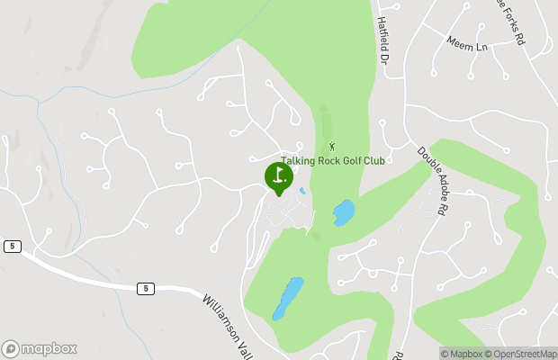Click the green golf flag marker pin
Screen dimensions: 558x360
click(278, 176)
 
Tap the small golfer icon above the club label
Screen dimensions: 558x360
click(332, 146)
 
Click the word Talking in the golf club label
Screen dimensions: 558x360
click(299, 161)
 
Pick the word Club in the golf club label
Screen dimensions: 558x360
click(374, 161)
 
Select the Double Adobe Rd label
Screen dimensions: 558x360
click(433, 179)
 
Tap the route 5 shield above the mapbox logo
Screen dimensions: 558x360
click(11, 246)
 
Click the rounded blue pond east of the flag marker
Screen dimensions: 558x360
click(344, 212)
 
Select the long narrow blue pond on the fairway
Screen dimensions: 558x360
click(288, 297)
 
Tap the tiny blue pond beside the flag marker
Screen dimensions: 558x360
click(302, 191)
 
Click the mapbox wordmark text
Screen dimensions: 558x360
click(49, 348)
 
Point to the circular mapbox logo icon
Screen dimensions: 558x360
click(11, 348)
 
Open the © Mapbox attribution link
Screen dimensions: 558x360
click(462, 354)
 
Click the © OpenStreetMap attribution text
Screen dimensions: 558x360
click(520, 354)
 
